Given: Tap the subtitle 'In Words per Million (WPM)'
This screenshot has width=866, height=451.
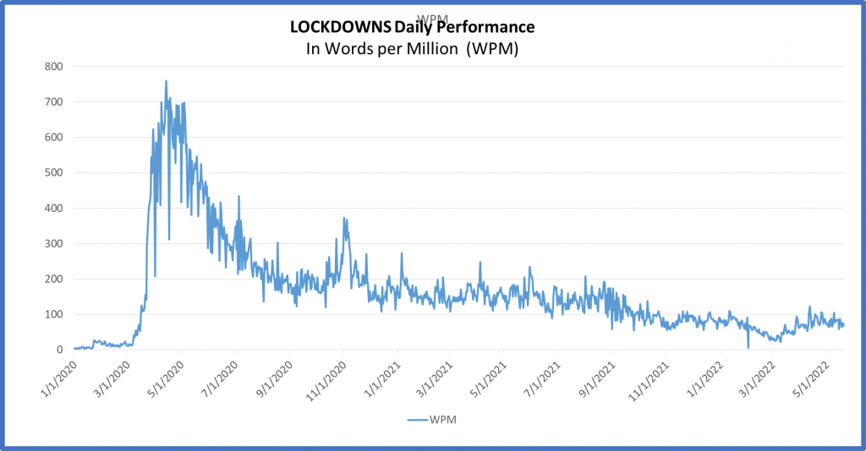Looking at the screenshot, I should point(411,49).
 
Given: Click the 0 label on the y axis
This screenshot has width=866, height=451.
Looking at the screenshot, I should point(59,350).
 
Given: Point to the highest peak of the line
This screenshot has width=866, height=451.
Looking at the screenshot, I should point(166,81).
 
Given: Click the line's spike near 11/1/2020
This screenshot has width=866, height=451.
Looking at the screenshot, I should point(344,218).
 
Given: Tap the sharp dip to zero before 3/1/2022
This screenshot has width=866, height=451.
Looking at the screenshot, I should point(748,347).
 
